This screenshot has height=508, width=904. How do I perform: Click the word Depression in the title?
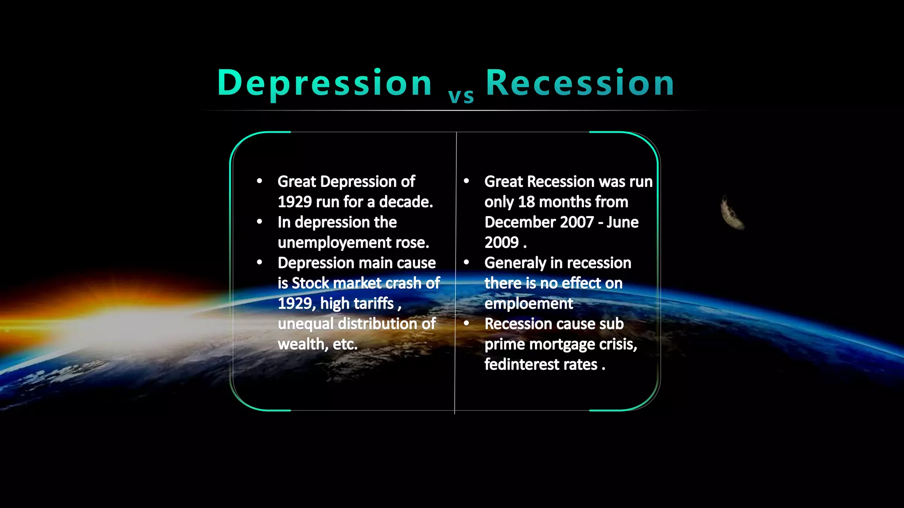[x=324, y=83]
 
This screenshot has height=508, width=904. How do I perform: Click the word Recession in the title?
[x=580, y=83]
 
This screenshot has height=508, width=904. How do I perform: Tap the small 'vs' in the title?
[x=461, y=96]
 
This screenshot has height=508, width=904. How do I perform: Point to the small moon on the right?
[x=732, y=213]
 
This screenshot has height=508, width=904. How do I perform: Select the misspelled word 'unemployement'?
[x=335, y=243]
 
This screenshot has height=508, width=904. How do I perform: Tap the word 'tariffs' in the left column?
[x=374, y=303]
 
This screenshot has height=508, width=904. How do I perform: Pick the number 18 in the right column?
[x=526, y=202]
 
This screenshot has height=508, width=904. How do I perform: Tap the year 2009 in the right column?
[x=501, y=243]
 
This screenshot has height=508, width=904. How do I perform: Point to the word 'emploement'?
[x=528, y=303]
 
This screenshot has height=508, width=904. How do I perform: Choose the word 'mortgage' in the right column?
[x=561, y=344]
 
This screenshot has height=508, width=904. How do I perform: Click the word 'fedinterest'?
[x=519, y=365]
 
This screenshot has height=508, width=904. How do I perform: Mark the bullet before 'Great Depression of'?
[x=260, y=181]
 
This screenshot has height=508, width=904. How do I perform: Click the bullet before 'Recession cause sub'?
[x=467, y=323]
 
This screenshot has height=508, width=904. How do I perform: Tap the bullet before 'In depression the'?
[x=260, y=221]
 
